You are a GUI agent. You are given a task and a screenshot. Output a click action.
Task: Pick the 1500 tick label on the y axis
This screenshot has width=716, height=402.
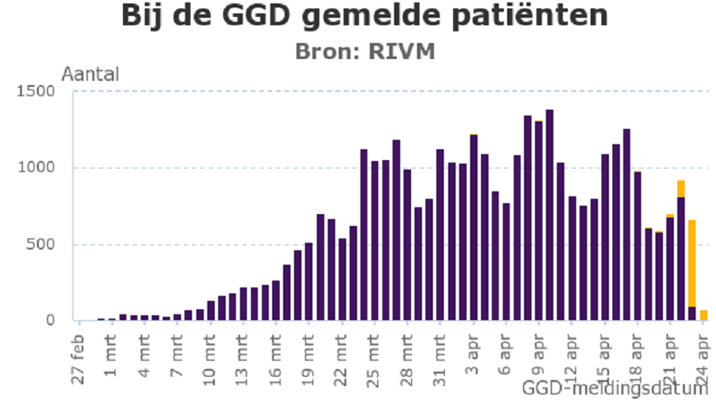click(x=40, y=92)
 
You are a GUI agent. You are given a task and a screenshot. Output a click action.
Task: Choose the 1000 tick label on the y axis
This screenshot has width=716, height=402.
click(x=40, y=168)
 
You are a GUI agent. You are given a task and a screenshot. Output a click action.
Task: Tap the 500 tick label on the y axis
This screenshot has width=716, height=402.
click(x=44, y=244)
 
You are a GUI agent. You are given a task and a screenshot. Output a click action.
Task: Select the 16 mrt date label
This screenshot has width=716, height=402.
click(x=275, y=359)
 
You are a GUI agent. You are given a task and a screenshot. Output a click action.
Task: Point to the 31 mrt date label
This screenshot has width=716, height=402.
click(x=440, y=359)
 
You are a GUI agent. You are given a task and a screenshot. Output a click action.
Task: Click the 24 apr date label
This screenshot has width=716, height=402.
click(x=703, y=357)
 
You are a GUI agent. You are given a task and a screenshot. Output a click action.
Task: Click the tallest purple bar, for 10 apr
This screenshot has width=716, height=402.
click(x=549, y=215)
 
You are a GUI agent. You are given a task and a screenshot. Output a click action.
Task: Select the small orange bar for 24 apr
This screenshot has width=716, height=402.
click(x=703, y=315)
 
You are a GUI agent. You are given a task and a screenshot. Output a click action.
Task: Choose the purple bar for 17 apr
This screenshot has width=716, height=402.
click(x=626, y=224)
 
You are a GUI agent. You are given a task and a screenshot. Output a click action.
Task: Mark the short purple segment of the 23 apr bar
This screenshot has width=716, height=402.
click(x=692, y=314)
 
